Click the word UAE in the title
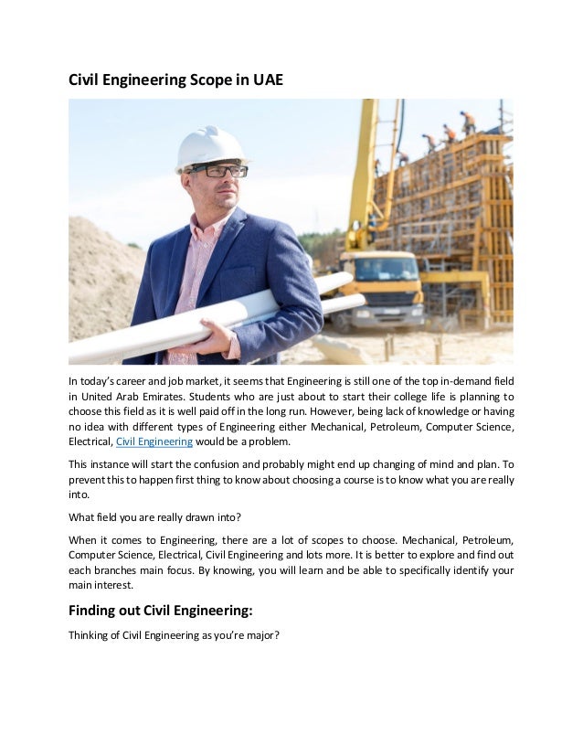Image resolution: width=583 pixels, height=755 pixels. pos(267,80)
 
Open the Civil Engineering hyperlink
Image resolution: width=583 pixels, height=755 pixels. pos(154,441)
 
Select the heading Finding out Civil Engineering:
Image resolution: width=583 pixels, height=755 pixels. pos(169,611)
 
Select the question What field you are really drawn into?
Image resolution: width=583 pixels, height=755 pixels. pos(154,516)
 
